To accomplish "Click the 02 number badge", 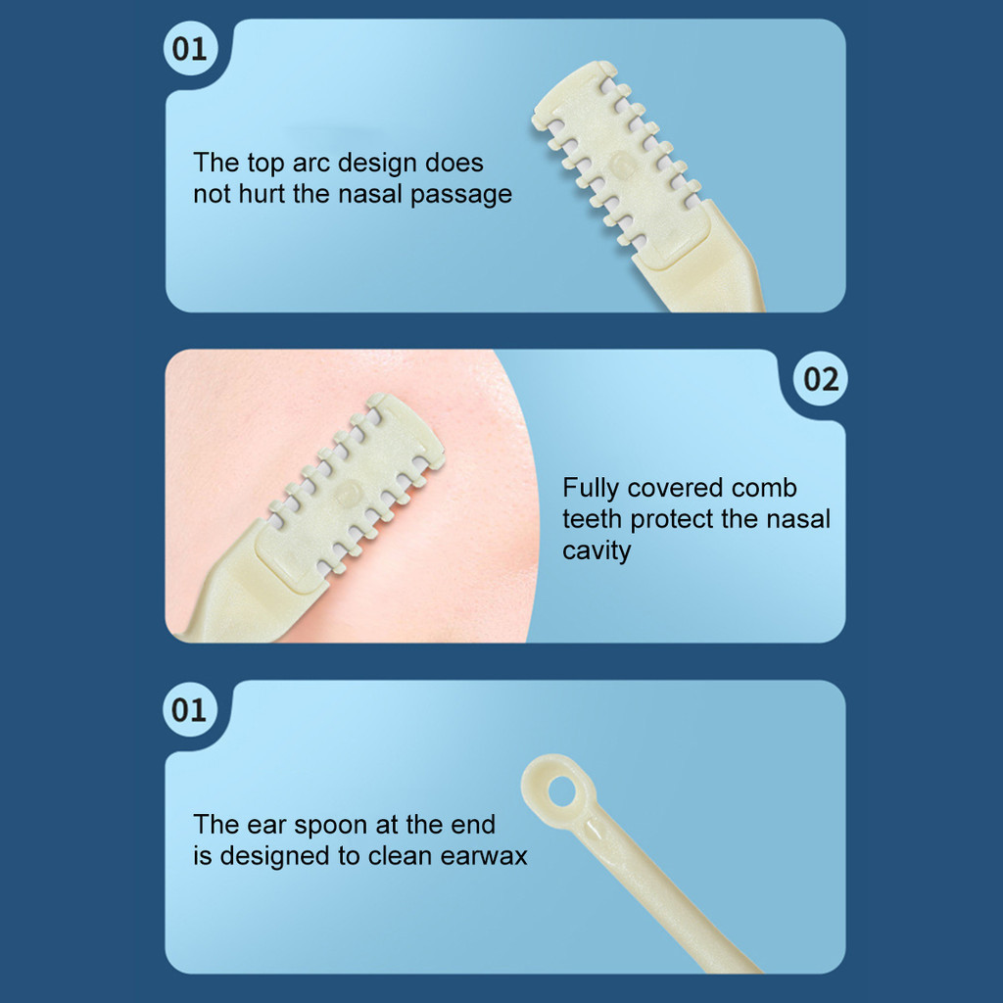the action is [821, 379].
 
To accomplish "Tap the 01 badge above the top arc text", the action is [190, 49].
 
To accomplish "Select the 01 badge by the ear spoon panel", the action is [189, 709].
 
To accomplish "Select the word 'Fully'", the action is [591, 489].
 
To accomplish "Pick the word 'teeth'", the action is [593, 519].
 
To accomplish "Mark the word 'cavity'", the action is [597, 551].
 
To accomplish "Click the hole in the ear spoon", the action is [561, 791].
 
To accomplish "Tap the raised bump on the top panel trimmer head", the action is [621, 165].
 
